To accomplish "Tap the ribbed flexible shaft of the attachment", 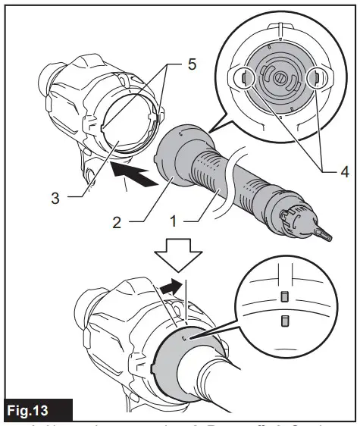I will [227, 178].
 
